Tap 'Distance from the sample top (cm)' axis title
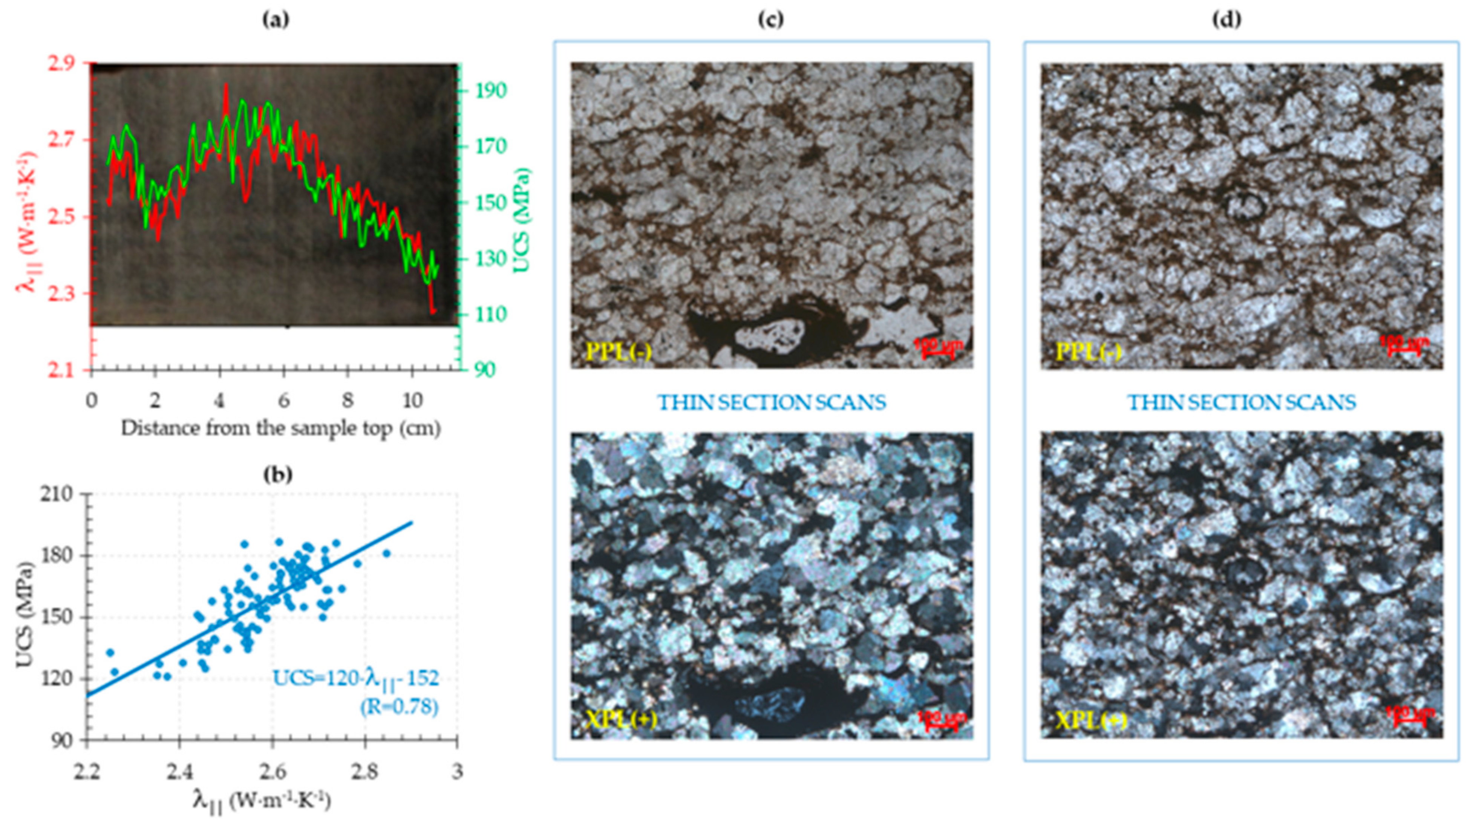click(x=281, y=428)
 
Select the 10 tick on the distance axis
click(x=413, y=401)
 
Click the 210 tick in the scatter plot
click(x=59, y=494)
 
